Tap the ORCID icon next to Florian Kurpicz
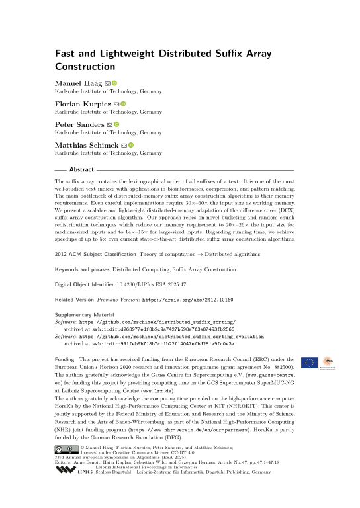(122, 103)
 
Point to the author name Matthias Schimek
(86, 144)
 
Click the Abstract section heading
(81, 170)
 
